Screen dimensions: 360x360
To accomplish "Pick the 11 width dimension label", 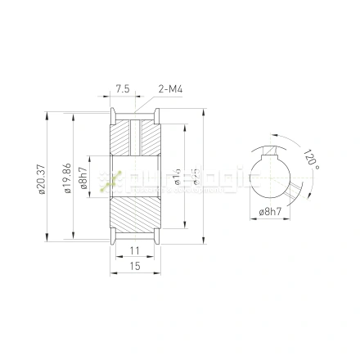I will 135,250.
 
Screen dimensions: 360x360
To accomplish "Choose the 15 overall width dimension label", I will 135,266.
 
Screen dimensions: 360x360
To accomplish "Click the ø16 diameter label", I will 177,177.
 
